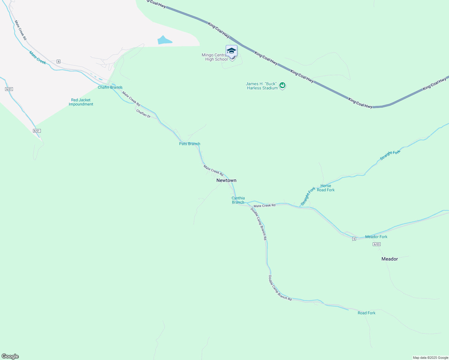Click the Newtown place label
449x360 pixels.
[226, 180]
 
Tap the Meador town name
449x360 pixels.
[390, 259]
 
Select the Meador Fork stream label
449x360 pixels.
[376, 237]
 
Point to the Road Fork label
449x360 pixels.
[366, 313]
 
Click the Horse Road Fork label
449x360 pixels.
[326, 188]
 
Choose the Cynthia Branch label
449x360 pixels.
[238, 200]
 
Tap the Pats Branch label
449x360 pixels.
[189, 144]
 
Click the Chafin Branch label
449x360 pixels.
[110, 87]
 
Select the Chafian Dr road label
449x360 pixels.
[143, 113]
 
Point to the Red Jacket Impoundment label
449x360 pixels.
[81, 102]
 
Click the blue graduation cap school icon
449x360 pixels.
[231, 50]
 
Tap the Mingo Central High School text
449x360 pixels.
[215, 57]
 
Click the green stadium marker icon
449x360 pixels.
[282, 85]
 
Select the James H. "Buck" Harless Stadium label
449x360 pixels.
[262, 86]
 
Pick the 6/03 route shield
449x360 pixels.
[377, 244]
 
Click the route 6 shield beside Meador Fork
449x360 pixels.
[354, 239]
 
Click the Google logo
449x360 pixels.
[10, 356]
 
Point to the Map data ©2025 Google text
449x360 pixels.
[430, 358]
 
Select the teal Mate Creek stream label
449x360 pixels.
[38, 57]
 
